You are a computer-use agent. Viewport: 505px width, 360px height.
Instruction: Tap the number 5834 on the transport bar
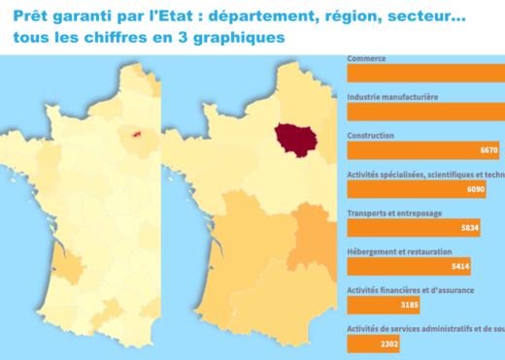[x=468, y=228]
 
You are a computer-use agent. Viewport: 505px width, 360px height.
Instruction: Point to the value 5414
[x=459, y=266]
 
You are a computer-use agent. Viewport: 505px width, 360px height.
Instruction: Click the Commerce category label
[x=366, y=58]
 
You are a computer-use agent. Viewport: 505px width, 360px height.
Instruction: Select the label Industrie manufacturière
[x=392, y=97]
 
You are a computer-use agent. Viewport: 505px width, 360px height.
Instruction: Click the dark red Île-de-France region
[x=293, y=137]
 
